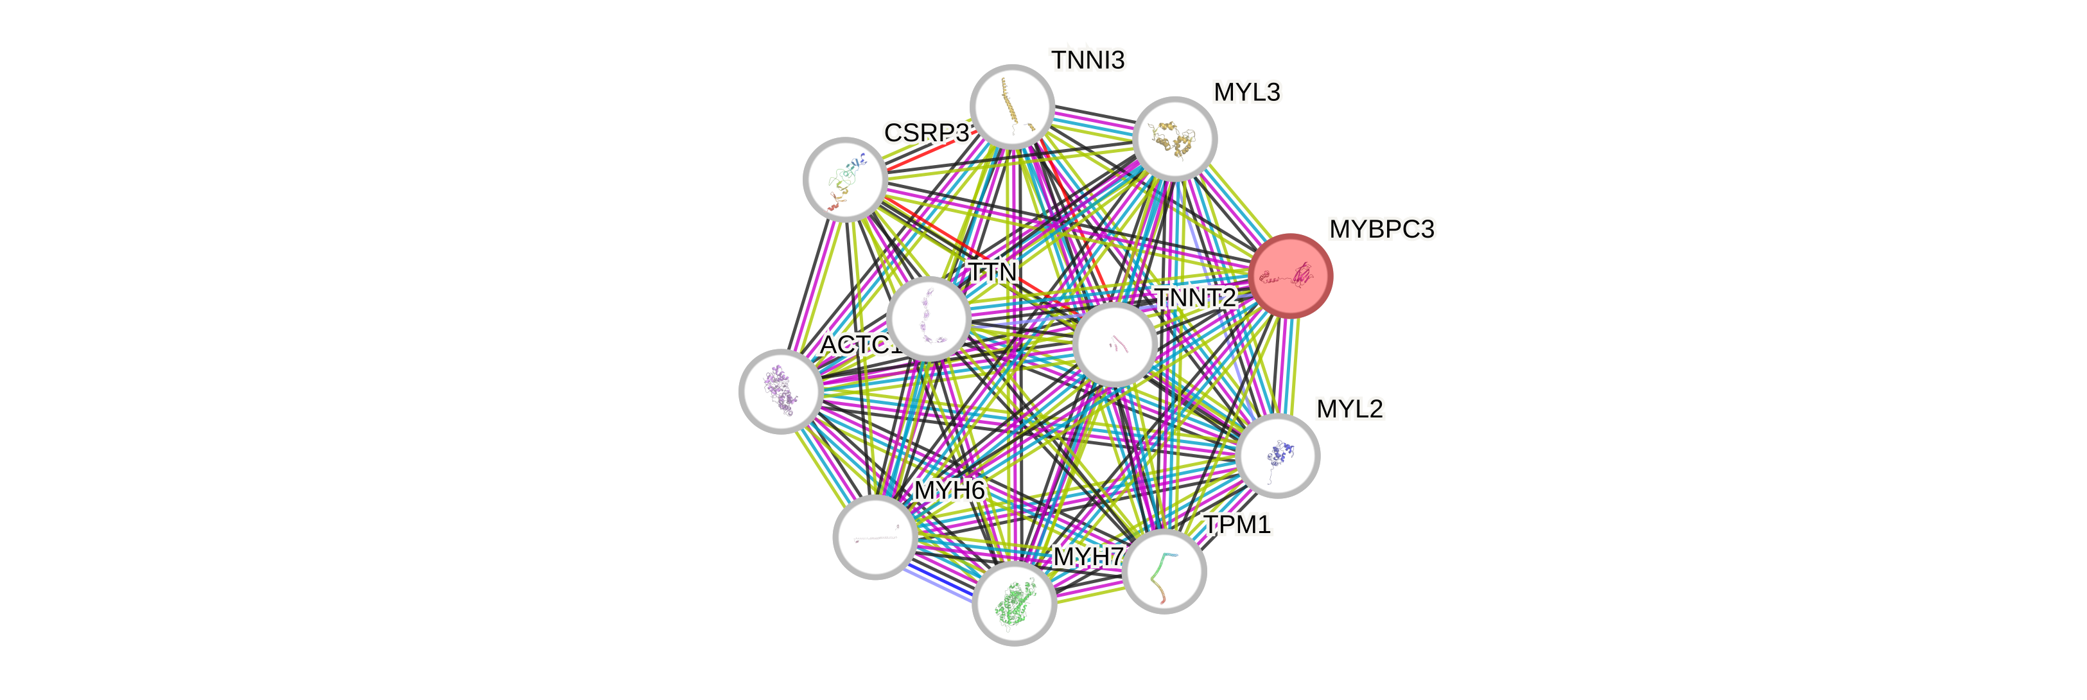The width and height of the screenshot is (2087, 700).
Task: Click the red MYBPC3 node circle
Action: pyautogui.click(x=1291, y=276)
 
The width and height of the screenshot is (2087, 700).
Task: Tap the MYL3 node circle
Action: pyautogui.click(x=1174, y=139)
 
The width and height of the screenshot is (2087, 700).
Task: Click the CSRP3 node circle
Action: pyautogui.click(x=845, y=179)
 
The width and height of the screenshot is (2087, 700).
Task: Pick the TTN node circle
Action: pyautogui.click(x=929, y=318)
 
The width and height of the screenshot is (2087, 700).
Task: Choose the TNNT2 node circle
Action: pyautogui.click(x=1115, y=344)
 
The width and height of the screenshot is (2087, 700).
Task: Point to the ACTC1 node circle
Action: pyautogui.click(x=781, y=391)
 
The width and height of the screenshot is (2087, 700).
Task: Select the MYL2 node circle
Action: pyautogui.click(x=1279, y=455)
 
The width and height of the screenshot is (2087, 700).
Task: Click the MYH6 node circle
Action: pyautogui.click(x=875, y=536)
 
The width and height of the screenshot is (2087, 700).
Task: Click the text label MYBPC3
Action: pyautogui.click(x=1381, y=229)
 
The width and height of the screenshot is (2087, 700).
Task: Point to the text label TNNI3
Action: pyautogui.click(x=1087, y=60)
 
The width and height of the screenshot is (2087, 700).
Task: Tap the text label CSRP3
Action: pyautogui.click(x=926, y=133)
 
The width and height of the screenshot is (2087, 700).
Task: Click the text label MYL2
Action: pyautogui.click(x=1349, y=408)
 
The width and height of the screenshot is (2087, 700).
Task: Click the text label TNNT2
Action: pyautogui.click(x=1194, y=297)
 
